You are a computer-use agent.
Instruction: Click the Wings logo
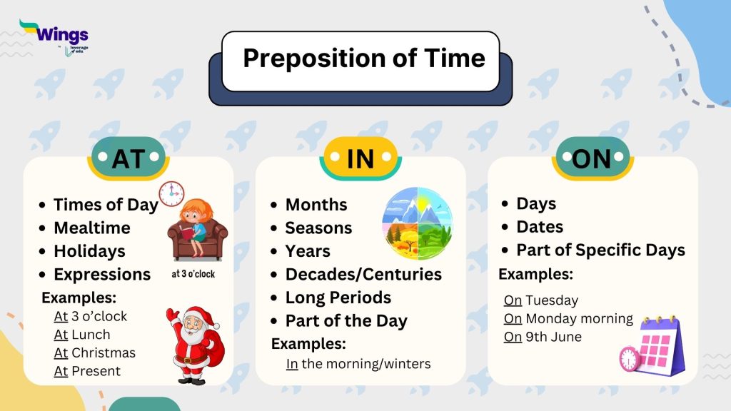54,36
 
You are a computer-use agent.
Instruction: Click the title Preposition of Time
363,58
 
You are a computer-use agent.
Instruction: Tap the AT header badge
128,159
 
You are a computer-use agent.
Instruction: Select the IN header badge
360,159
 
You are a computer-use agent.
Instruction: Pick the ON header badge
592,159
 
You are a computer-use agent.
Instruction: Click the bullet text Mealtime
91,228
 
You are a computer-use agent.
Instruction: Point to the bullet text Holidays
89,251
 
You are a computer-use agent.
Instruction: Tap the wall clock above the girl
171,193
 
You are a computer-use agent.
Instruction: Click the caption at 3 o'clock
193,273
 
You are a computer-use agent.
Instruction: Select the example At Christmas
94,352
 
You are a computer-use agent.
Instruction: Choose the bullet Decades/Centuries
363,274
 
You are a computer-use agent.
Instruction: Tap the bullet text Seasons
318,228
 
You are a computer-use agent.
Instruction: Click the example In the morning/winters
358,364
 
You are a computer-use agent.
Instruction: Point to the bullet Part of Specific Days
600,250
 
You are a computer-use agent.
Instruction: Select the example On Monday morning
568,318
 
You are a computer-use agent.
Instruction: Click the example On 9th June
543,337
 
